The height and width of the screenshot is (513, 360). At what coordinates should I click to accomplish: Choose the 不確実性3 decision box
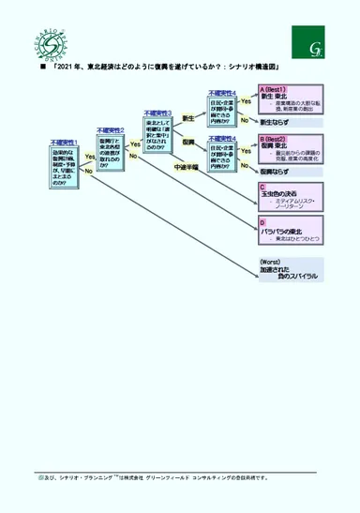157,132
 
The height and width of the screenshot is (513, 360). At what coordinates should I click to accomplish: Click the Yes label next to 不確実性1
89,156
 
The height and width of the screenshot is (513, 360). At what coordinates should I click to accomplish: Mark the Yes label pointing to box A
246,100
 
